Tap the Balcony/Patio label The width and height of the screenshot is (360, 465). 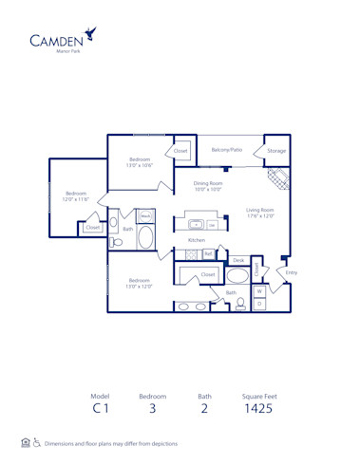226,150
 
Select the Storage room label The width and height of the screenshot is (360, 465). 276,150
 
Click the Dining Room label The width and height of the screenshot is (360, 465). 207,186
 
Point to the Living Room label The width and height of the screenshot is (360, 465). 259,213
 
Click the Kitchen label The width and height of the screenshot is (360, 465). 196,241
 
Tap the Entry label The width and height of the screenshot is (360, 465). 291,272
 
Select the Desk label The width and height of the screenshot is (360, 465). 238,260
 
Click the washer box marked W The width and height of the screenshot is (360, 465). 259,290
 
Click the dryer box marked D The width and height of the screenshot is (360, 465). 259,304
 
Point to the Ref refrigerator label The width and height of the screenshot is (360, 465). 207,254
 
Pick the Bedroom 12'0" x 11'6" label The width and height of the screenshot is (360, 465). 76,196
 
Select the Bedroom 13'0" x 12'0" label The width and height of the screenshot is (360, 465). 140,284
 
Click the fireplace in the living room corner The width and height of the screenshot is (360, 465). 278,177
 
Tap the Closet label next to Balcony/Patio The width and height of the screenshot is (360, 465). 180,151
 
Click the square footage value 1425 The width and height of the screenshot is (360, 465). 258,410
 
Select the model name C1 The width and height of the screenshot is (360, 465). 101,410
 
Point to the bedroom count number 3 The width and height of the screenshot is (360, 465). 153,410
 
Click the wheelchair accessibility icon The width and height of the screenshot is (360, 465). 36,443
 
